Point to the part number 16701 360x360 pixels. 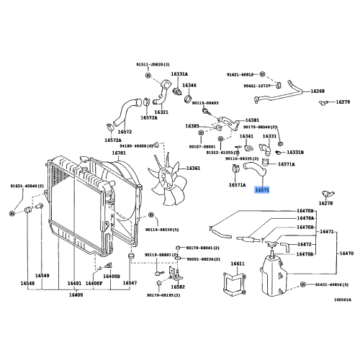coord(119,153)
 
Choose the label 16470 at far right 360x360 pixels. coord(346,254)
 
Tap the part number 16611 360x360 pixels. coord(238,264)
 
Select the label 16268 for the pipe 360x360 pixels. coord(318,91)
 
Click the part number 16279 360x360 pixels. coord(343,102)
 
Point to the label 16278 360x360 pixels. coord(326,204)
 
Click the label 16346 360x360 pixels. coord(189,86)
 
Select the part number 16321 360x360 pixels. coord(161,112)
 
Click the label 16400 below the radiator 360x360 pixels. coord(76,294)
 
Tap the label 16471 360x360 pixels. coord(328,232)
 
